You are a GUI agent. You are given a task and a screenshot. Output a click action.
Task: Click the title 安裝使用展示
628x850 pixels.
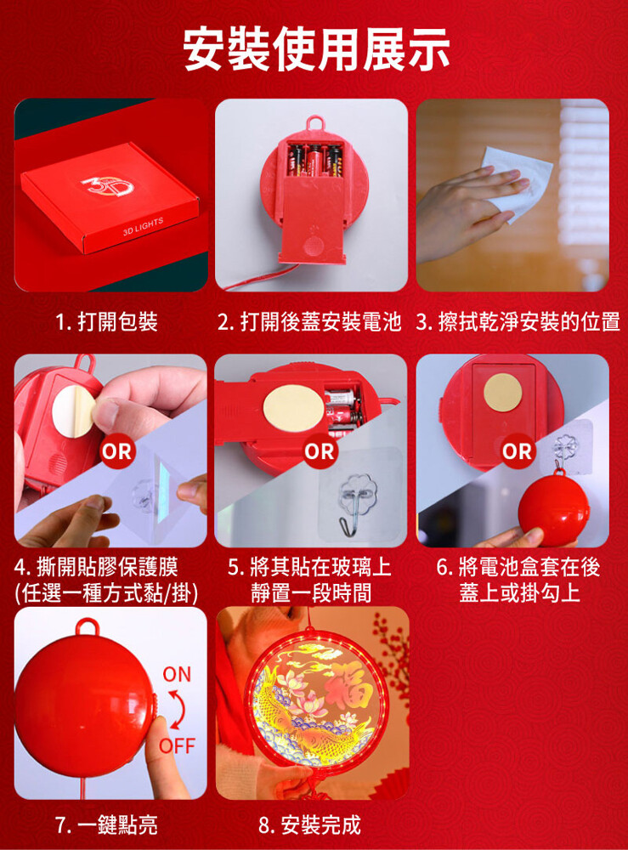click(315, 49)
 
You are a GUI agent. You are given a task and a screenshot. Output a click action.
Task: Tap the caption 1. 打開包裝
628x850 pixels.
click(107, 321)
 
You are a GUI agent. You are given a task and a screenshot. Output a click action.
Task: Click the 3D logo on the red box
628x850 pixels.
click(108, 186)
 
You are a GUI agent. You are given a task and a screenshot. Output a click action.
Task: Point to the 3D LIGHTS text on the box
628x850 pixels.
click(143, 226)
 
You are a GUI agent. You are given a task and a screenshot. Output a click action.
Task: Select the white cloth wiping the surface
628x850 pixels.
click(516, 182)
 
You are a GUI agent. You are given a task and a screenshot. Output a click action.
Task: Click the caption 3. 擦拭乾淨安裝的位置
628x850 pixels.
click(518, 321)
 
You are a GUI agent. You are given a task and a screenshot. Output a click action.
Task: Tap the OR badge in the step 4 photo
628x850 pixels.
click(117, 451)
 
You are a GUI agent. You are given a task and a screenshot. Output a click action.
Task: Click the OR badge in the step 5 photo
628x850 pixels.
click(320, 451)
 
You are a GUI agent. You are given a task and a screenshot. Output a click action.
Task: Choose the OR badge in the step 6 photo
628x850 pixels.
click(518, 451)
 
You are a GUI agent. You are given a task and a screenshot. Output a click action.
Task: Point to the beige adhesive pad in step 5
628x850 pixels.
click(293, 408)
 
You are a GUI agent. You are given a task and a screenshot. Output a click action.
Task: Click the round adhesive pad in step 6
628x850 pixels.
click(503, 393)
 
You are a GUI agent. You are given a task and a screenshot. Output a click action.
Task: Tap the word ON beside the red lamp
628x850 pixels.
click(178, 674)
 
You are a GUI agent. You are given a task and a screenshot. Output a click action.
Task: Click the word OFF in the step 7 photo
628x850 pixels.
click(178, 746)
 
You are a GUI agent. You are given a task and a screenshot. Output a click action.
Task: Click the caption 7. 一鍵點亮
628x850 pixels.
click(107, 825)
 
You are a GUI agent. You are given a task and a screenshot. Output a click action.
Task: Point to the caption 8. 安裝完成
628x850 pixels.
click(309, 825)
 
